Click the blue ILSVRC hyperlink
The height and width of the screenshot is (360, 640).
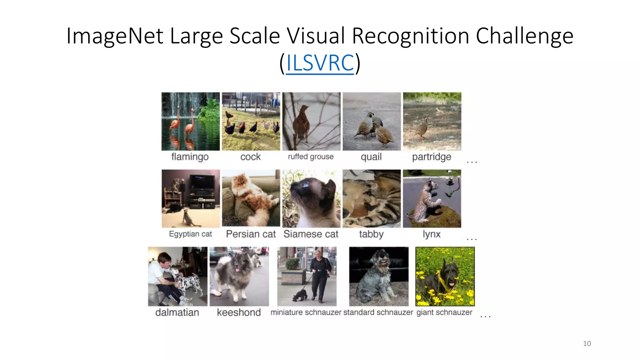(x=320, y=63)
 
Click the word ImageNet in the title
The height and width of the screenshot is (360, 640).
(x=114, y=36)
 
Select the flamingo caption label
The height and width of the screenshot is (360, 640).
(x=190, y=157)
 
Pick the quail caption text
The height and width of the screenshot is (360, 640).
(x=371, y=157)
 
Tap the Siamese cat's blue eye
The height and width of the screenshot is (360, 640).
(x=304, y=186)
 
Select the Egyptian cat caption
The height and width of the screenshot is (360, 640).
(x=190, y=234)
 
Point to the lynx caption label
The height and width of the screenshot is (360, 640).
(x=432, y=234)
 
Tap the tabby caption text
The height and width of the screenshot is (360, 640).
(x=371, y=234)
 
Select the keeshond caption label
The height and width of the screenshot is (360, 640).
(x=239, y=312)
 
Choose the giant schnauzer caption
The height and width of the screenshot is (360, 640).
(x=444, y=312)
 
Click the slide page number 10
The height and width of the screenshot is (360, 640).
(x=587, y=343)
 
